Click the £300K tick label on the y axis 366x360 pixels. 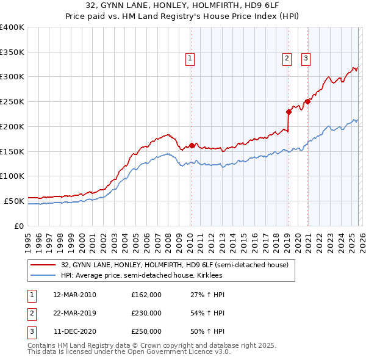click(x=12, y=77)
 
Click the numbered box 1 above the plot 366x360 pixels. click(x=190, y=59)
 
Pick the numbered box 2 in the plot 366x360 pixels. click(x=287, y=59)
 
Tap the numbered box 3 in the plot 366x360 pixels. click(x=305, y=59)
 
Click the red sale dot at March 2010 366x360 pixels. click(x=192, y=145)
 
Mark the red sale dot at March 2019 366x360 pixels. click(x=289, y=112)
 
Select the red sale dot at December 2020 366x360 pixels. click(x=307, y=102)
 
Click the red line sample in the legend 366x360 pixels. click(x=43, y=265)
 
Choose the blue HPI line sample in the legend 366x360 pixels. click(x=43, y=276)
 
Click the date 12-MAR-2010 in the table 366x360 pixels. click(x=74, y=295)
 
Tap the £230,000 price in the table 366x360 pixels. click(x=146, y=313)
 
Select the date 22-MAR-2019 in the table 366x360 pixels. click(x=74, y=313)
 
